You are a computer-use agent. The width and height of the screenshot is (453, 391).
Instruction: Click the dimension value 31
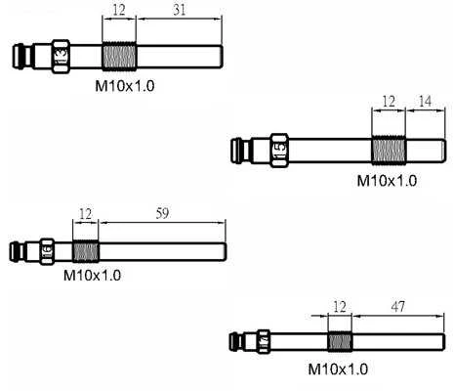coord(180,10)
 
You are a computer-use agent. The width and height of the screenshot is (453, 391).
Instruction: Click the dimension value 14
coord(425,102)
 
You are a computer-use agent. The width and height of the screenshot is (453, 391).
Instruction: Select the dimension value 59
coord(162,213)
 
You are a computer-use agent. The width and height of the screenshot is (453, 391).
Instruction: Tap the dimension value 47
coord(398,306)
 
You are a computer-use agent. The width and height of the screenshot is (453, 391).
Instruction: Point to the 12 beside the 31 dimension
coord(119,10)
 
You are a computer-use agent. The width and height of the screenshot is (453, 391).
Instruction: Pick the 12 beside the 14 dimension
coord(389,102)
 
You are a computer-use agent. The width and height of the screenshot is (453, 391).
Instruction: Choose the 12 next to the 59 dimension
coord(85,214)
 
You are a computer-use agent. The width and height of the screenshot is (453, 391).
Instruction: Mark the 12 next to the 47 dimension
coord(340,307)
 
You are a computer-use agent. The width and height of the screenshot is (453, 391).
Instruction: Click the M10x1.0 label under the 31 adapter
coord(125,86)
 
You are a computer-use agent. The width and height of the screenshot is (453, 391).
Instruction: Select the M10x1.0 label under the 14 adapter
coord(387,181)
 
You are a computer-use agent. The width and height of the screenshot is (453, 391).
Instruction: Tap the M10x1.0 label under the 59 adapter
coord(92,276)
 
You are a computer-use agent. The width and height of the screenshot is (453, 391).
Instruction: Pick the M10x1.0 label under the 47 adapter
coord(338,369)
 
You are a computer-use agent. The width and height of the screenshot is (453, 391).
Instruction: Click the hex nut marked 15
coord(279,151)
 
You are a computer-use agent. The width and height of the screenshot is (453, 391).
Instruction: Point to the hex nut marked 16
coord(47,251)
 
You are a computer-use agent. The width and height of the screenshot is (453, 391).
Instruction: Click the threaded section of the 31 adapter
coord(119,57)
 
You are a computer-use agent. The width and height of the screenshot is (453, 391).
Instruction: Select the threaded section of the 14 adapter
coord(389,151)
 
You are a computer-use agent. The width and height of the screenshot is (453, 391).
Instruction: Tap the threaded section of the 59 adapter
coord(86,251)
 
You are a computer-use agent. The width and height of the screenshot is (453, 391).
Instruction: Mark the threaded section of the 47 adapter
coord(340,342)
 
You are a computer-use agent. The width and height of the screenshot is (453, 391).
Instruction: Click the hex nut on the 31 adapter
coord(61,57)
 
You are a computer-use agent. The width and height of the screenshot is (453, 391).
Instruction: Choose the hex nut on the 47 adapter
coord(264,342)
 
